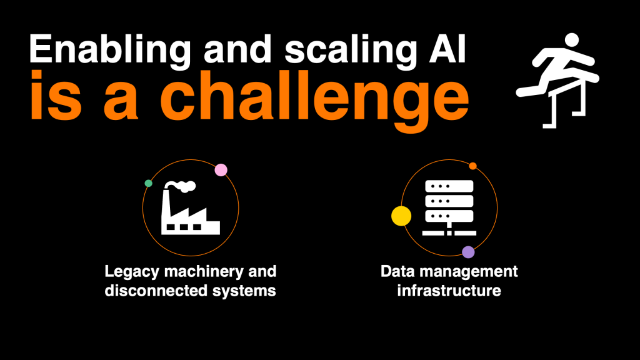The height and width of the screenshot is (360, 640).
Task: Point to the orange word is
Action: pyautogui.click(x=56, y=96)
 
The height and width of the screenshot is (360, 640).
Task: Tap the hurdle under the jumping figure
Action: pyautogui.click(x=567, y=104)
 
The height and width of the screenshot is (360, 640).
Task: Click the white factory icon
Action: pyautogui.click(x=190, y=208)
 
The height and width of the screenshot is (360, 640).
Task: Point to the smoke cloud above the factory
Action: pyautogui.click(x=182, y=186)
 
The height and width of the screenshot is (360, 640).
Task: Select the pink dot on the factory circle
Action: pyautogui.click(x=221, y=170)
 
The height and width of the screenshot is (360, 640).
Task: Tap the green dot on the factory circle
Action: pyautogui.click(x=149, y=183)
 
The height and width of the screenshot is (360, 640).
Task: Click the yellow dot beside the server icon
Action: pyautogui.click(x=401, y=216)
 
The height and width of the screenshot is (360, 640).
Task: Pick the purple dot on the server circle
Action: pyautogui.click(x=468, y=252)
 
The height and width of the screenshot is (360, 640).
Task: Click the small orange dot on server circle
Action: pyautogui.click(x=472, y=166)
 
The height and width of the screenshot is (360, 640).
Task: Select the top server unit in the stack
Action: pyautogui.click(x=449, y=186)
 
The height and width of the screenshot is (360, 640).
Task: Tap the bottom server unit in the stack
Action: pyautogui.click(x=449, y=216)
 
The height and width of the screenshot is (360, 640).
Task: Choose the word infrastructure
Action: pyautogui.click(x=449, y=291)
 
